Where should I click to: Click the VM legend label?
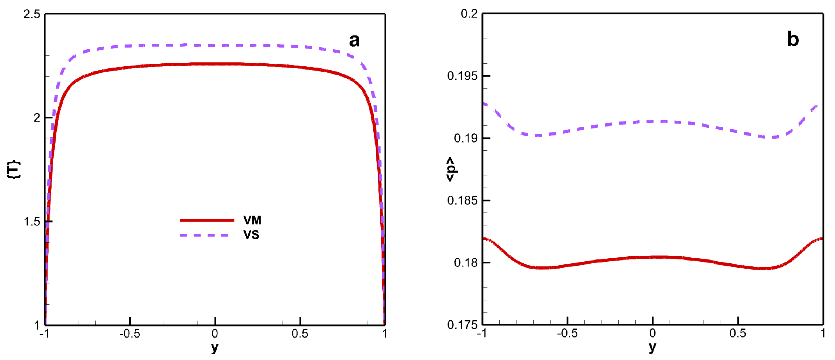(x=252, y=220)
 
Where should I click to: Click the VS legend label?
(x=251, y=235)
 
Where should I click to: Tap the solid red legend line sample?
(x=207, y=220)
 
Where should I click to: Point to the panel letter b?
(x=793, y=40)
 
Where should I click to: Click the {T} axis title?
(x=14, y=169)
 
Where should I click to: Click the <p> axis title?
(x=451, y=169)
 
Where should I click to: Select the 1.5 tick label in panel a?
(x=32, y=222)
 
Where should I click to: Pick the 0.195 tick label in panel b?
(x=462, y=76)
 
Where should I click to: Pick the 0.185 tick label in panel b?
(x=462, y=201)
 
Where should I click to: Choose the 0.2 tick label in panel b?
(x=469, y=14)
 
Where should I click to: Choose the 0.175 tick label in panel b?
(x=462, y=325)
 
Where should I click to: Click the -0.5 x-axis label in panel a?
(x=130, y=334)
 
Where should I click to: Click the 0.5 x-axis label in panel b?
(x=738, y=334)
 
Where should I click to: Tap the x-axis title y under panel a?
(x=215, y=348)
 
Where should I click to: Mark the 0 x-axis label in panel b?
(x=653, y=334)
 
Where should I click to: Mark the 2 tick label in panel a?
(x=37, y=118)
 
